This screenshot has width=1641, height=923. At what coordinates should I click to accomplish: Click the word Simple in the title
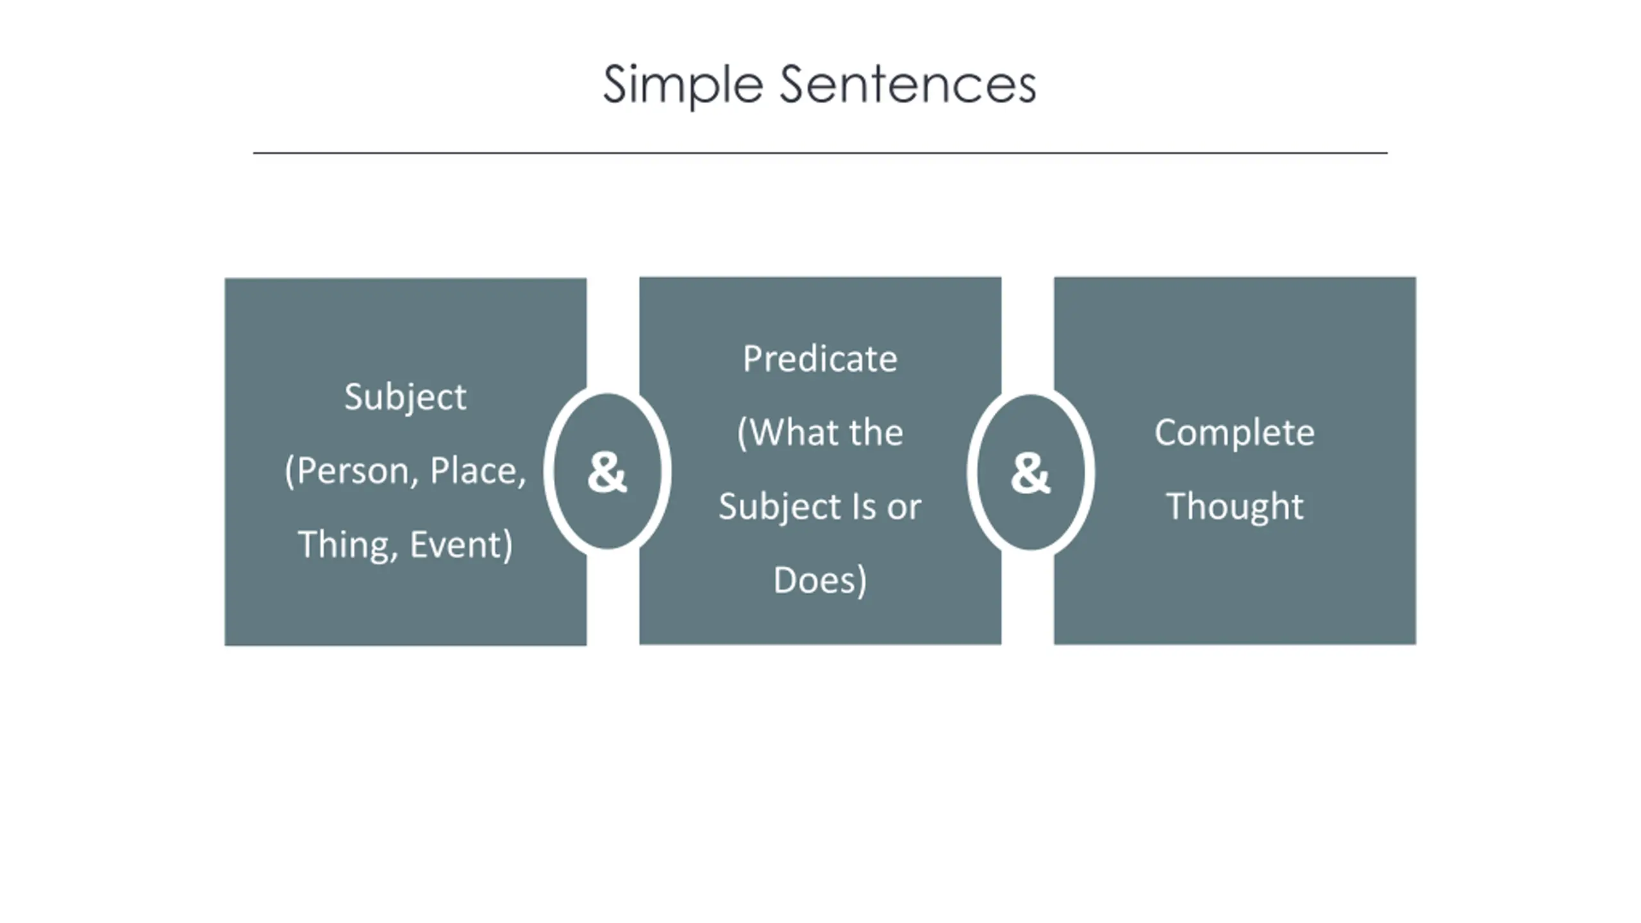click(x=683, y=85)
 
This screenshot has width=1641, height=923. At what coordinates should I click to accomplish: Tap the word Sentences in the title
click(x=907, y=85)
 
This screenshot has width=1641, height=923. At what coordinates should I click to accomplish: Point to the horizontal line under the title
click(x=820, y=153)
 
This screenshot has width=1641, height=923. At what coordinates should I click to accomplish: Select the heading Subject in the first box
click(x=405, y=397)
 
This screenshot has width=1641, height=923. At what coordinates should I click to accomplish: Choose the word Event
click(x=456, y=545)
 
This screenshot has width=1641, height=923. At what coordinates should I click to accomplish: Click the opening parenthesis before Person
click(x=290, y=472)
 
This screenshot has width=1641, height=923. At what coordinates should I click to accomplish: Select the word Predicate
click(x=820, y=359)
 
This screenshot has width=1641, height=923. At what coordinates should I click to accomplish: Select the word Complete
click(x=1235, y=433)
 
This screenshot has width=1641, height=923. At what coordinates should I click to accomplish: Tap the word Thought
click(x=1235, y=507)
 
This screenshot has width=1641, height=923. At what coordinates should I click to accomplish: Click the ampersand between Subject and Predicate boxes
click(x=607, y=472)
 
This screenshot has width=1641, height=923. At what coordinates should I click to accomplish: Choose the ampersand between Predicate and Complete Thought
click(x=1030, y=473)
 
